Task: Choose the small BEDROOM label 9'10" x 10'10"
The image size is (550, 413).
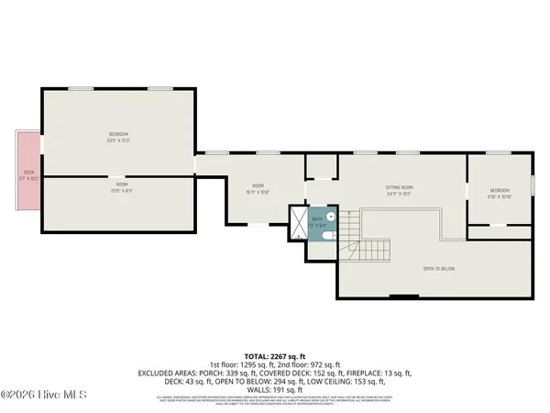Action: click(500, 193)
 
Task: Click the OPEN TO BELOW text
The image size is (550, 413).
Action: click(439, 269)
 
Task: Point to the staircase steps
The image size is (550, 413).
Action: click(375, 249)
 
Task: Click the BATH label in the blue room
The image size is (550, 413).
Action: click(316, 219)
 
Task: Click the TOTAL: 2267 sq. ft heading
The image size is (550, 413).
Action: click(275, 354)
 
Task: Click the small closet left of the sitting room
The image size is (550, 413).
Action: click(322, 167)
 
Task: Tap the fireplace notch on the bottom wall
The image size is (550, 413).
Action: click(401, 296)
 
